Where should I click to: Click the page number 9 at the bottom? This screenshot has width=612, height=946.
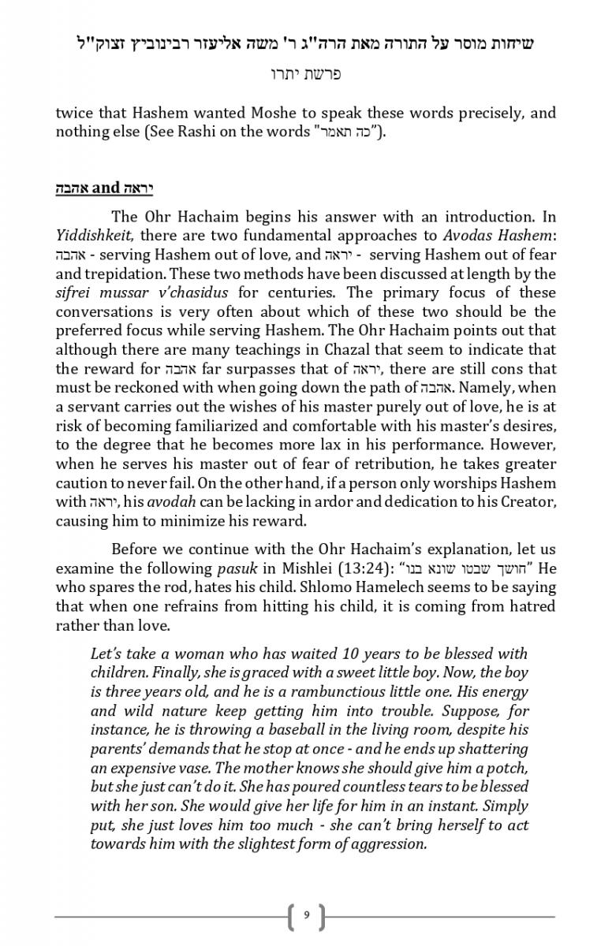pos(306,915)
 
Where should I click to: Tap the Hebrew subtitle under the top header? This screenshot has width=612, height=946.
pos(305,74)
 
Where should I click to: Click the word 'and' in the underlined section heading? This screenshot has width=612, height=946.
pos(105,188)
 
